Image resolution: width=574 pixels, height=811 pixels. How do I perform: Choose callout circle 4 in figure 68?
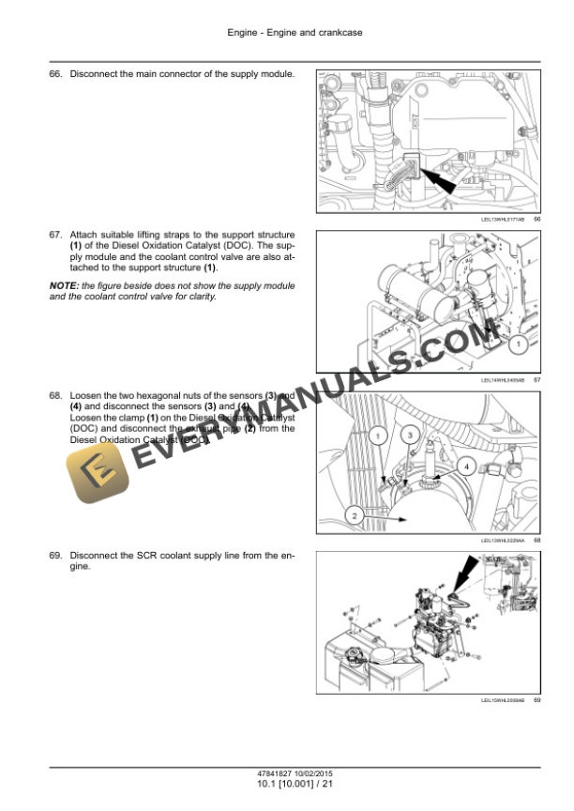[463, 466]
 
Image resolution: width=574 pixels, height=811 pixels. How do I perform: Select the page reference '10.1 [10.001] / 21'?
[287, 785]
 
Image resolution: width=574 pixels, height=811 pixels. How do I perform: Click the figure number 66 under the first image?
[536, 219]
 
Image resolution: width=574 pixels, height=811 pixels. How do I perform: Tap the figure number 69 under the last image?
[536, 699]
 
